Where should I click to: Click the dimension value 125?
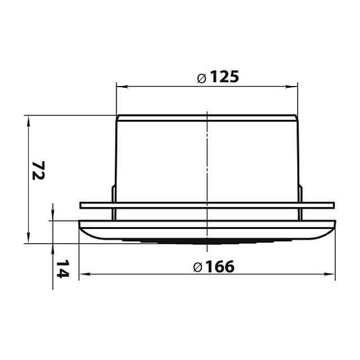(x=224, y=76)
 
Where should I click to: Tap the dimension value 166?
(x=220, y=267)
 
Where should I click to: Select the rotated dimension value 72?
(x=38, y=170)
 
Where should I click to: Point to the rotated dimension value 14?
(x=62, y=269)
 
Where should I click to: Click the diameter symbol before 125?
(x=202, y=79)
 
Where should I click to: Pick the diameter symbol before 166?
(x=197, y=268)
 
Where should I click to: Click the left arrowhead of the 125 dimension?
(x=122, y=87)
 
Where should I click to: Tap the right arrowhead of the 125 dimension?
(x=292, y=87)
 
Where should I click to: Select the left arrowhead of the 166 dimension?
(x=85, y=274)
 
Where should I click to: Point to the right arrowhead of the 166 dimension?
(x=329, y=274)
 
